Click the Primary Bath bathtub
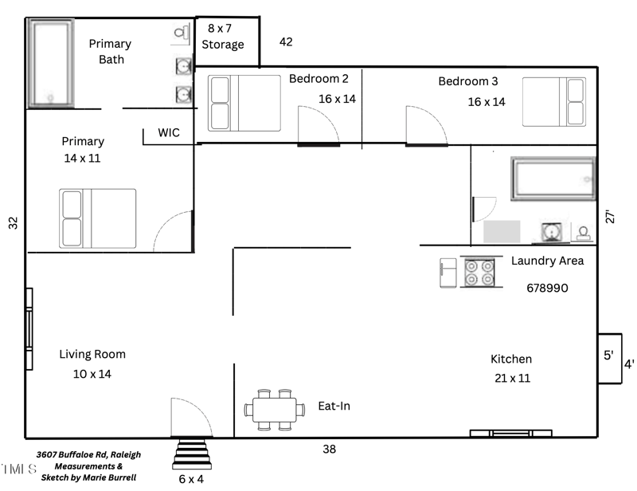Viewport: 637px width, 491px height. point(52,63)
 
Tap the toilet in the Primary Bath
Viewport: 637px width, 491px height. point(181,34)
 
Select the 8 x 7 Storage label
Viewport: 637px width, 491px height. point(222,37)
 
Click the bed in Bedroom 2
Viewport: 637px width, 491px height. point(244,103)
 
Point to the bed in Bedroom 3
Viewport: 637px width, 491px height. point(553,101)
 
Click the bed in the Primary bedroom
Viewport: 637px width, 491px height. point(98,218)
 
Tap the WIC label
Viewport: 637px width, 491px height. point(170,132)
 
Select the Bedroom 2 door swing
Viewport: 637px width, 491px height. point(318,125)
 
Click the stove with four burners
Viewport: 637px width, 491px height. point(480,273)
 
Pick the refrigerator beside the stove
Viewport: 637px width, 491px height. point(447,273)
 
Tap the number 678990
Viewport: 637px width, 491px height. point(547,287)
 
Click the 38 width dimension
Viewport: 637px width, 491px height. point(329,450)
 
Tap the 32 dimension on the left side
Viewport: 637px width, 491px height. point(13,223)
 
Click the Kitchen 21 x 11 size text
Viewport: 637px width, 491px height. point(511,378)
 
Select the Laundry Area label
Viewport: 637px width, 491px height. point(547,261)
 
